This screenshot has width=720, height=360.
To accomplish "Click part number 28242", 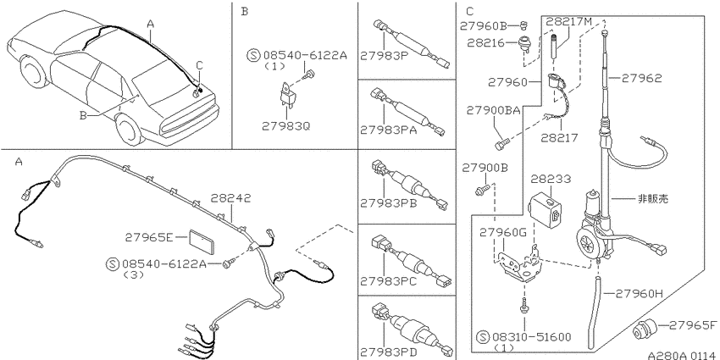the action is [x=231, y=198].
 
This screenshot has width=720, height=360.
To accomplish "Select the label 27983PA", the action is [x=389, y=130].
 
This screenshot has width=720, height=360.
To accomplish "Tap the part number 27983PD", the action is [x=389, y=352].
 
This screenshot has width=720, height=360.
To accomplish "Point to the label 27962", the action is [x=642, y=79].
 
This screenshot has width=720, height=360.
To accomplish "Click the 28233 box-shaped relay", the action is [x=544, y=208].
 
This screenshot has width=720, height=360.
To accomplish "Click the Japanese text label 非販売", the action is [x=653, y=198].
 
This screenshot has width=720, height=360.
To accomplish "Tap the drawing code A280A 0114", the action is [x=681, y=355].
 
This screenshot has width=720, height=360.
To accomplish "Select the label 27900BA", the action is [x=494, y=111].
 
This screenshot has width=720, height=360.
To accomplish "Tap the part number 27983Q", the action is [x=286, y=125].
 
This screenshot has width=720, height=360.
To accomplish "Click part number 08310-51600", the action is [x=532, y=338].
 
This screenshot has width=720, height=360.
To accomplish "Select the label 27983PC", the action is [x=389, y=281].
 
